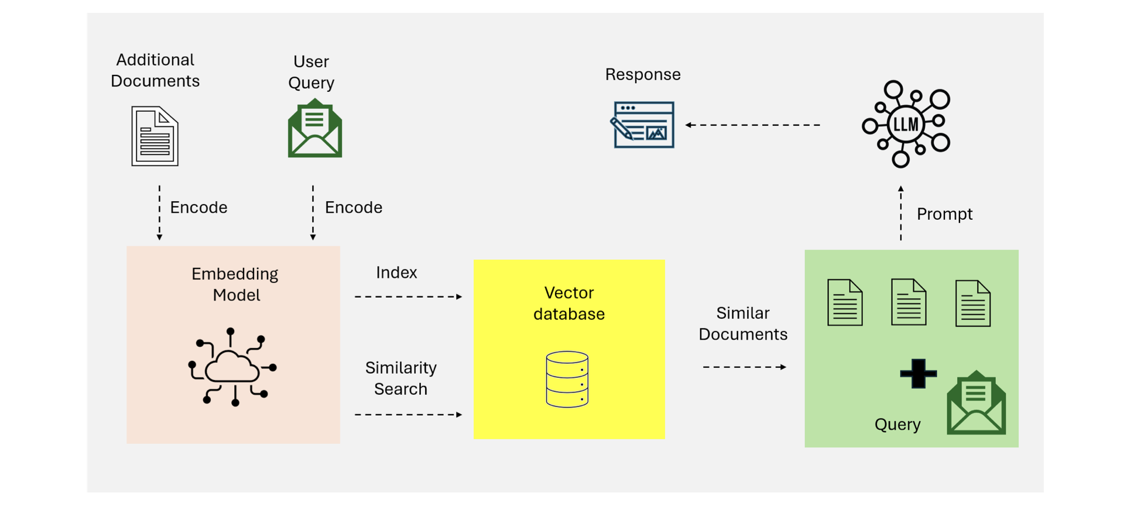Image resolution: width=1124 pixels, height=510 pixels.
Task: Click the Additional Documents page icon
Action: (x=155, y=136)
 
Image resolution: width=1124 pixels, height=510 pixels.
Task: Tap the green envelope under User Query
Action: (x=315, y=128)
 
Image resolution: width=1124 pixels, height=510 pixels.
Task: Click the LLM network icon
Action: (x=906, y=124)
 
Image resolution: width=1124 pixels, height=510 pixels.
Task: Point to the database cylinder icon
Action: (x=567, y=379)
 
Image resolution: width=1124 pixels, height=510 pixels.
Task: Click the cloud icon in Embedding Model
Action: (x=232, y=367)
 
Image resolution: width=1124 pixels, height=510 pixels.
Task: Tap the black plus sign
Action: (x=918, y=374)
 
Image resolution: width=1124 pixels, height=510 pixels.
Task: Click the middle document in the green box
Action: (x=909, y=302)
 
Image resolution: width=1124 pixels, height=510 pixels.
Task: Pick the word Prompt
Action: (x=944, y=214)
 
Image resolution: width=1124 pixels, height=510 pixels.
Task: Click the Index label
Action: (x=396, y=273)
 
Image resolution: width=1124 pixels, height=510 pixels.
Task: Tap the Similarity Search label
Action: (x=401, y=378)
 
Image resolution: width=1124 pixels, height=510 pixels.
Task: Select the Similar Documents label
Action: (x=743, y=323)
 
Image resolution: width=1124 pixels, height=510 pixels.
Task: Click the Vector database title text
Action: (x=569, y=303)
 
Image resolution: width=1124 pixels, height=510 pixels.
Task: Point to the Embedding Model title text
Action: (x=235, y=284)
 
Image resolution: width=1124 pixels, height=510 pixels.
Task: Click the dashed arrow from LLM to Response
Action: (x=752, y=125)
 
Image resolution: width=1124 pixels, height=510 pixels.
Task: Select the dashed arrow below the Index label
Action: (x=409, y=297)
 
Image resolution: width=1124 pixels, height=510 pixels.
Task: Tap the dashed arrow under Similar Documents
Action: (x=745, y=367)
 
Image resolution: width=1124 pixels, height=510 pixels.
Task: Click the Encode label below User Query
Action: (x=354, y=208)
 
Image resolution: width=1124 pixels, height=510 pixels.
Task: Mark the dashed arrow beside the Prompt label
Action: (x=901, y=213)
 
